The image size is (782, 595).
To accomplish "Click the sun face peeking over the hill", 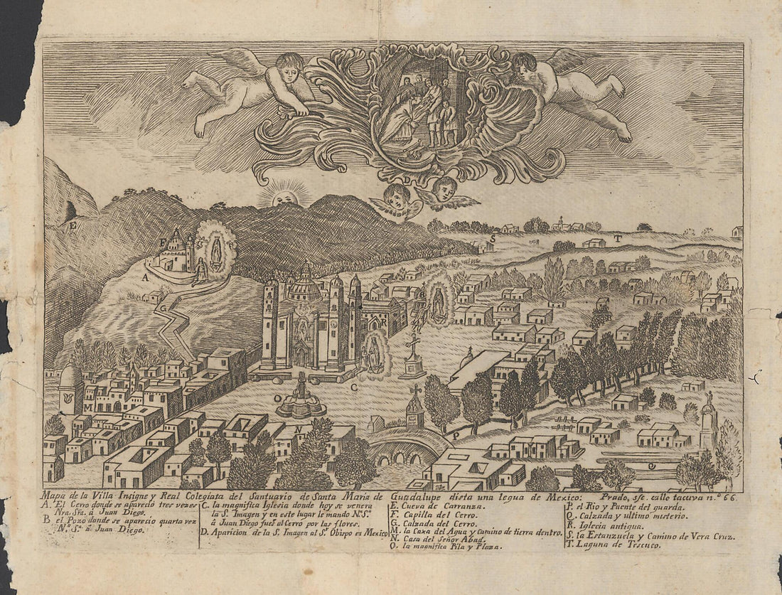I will (287, 195).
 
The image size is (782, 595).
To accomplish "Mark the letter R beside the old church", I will (382, 320).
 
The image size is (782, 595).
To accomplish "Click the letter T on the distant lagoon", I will (618, 240).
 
